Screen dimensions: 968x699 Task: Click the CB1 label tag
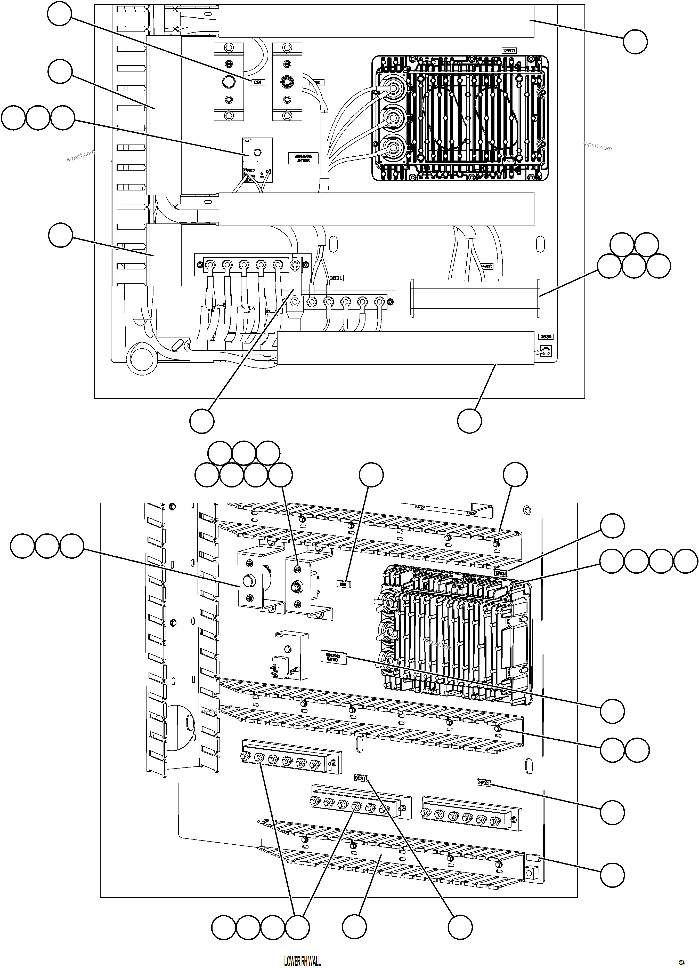pos(257,82)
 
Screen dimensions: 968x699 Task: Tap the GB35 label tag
pos(546,337)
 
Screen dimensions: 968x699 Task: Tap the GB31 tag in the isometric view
pos(360,778)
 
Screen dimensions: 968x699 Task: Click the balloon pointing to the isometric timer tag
pos(612,711)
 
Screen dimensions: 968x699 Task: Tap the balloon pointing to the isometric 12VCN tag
pos(612,526)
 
